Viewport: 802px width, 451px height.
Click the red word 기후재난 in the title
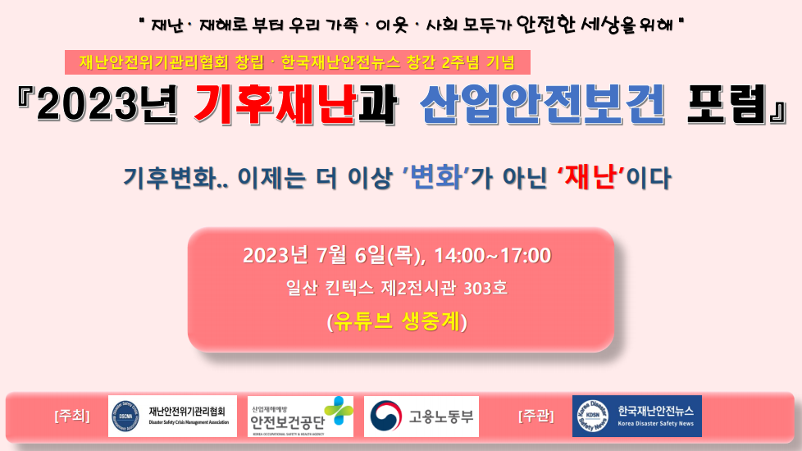tap(276, 105)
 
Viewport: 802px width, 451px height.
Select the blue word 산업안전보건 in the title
tap(542, 105)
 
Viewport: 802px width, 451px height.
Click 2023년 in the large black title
tap(107, 105)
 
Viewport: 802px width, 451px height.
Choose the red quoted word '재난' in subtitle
tap(590, 178)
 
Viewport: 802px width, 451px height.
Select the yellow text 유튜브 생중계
tap(397, 321)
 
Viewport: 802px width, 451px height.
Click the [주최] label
tap(72, 416)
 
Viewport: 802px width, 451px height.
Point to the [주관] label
tap(536, 416)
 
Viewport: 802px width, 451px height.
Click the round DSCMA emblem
tap(125, 417)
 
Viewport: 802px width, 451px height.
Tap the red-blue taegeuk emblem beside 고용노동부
tap(386, 417)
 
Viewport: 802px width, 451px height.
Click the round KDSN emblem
tap(593, 417)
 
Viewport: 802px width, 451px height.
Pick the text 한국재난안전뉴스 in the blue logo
tap(656, 411)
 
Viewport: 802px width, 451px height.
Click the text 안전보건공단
tap(287, 422)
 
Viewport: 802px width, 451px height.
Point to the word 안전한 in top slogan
tap(546, 24)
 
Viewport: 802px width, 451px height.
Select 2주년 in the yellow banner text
tap(460, 62)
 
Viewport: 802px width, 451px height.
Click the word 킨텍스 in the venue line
tap(349, 288)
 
